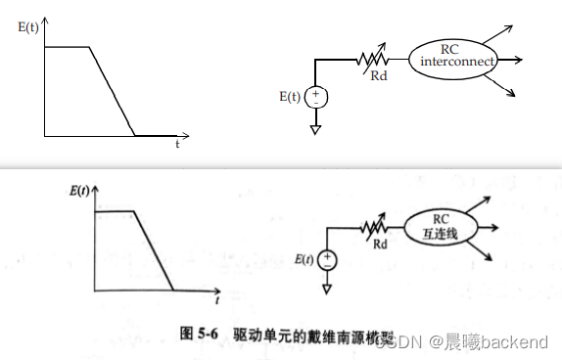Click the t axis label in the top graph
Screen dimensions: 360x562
(177, 143)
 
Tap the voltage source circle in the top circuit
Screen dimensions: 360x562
(315, 97)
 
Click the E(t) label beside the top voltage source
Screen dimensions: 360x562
(291, 97)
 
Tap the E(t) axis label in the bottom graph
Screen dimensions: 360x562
(83, 190)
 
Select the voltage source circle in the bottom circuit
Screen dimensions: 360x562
(327, 260)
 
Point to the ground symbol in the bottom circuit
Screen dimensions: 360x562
(327, 290)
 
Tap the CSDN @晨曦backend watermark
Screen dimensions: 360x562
(480, 341)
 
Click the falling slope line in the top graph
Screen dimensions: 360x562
(112, 91)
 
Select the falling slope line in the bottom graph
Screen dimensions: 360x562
(152, 250)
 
